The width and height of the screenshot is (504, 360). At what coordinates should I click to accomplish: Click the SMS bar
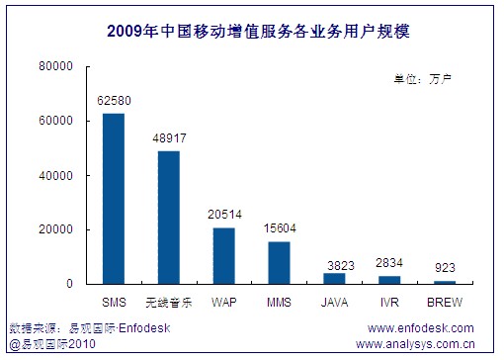[114, 199]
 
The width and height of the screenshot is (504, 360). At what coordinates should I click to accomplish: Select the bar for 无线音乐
[169, 218]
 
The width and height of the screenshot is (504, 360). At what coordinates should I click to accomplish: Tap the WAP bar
[224, 256]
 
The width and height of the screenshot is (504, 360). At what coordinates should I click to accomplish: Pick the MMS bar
[280, 263]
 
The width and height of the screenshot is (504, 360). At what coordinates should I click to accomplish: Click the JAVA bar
[335, 279]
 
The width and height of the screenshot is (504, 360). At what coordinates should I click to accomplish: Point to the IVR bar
[390, 280]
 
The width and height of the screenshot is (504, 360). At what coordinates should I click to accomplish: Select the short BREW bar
[446, 283]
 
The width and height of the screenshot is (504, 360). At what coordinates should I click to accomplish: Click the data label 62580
[114, 102]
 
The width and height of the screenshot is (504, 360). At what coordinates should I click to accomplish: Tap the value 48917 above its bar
[169, 139]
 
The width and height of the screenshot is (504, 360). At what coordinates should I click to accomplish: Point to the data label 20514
[224, 217]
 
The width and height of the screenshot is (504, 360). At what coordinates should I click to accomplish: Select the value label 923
[446, 269]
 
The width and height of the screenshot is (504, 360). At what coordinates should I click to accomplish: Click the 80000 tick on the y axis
[57, 67]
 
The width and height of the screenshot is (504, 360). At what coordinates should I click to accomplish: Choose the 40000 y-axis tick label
[57, 176]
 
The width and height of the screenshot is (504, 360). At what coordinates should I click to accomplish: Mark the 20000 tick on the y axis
[57, 230]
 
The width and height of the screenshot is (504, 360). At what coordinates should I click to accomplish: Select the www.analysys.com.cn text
[414, 345]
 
